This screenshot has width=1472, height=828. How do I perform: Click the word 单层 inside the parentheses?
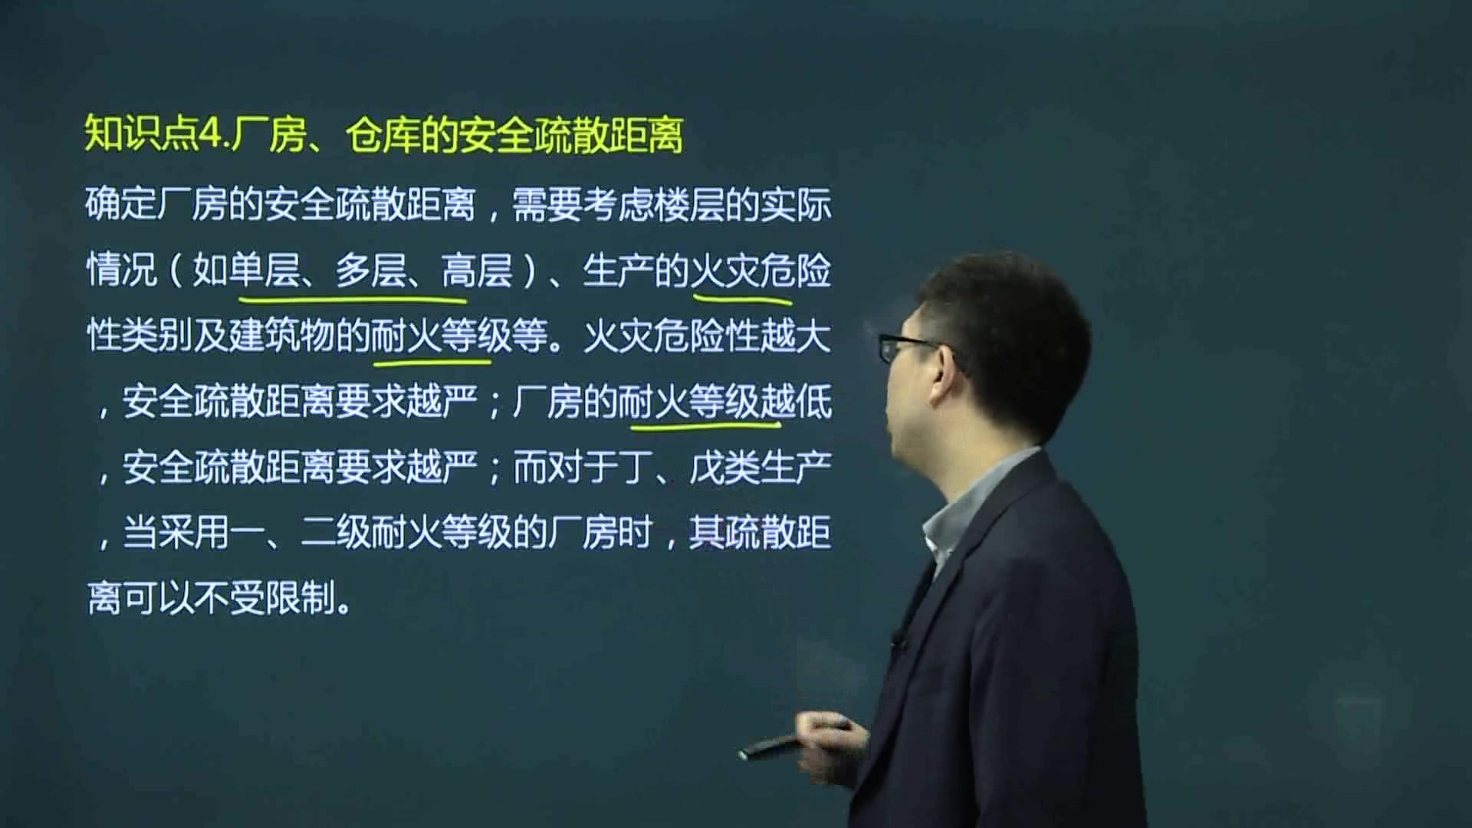coord(264,271)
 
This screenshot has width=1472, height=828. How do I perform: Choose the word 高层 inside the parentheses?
coord(477,271)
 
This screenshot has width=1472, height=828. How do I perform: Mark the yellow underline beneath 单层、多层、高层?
coord(353,296)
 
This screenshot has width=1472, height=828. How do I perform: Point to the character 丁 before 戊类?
coord(636,467)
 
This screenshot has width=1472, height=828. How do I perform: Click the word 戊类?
coord(724,467)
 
